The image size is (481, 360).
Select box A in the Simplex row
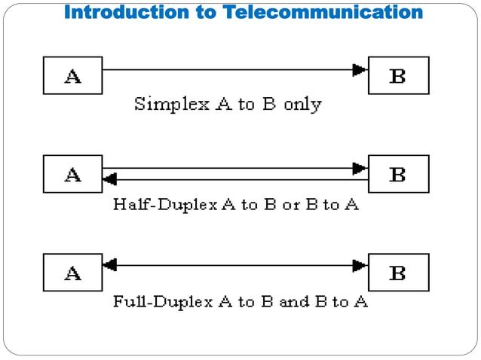coord(73,75)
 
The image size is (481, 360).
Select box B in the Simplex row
coord(398,75)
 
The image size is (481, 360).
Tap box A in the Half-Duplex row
coord(73,174)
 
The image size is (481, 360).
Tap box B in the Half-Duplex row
coord(398,174)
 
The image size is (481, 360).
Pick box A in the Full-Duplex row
coord(73,272)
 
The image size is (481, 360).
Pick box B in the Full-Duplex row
coord(398,272)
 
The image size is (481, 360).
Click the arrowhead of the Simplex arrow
coord(360,70)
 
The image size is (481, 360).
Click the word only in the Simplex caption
coord(302,105)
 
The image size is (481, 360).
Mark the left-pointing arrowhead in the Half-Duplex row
coord(109,179)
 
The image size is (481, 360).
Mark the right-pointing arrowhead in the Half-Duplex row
coord(360,168)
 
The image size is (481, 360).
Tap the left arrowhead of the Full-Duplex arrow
coord(109,265)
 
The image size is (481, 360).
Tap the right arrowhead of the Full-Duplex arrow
coord(360,265)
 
